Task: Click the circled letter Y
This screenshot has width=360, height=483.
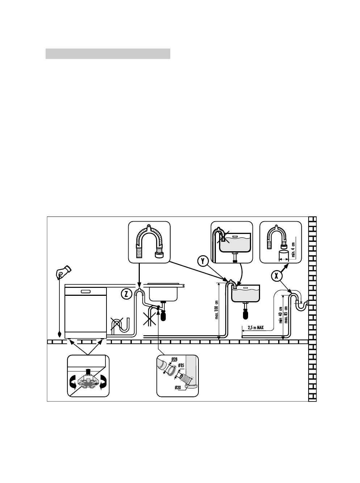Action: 203,261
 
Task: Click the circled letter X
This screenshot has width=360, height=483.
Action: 277,276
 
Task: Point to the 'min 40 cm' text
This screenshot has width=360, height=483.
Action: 280,314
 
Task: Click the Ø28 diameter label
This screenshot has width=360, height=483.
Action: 174,359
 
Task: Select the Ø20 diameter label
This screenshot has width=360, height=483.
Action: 177,388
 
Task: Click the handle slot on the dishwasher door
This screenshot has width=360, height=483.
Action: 86,291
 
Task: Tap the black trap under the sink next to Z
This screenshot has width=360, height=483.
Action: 163,316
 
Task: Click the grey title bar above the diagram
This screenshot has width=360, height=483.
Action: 108,54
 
